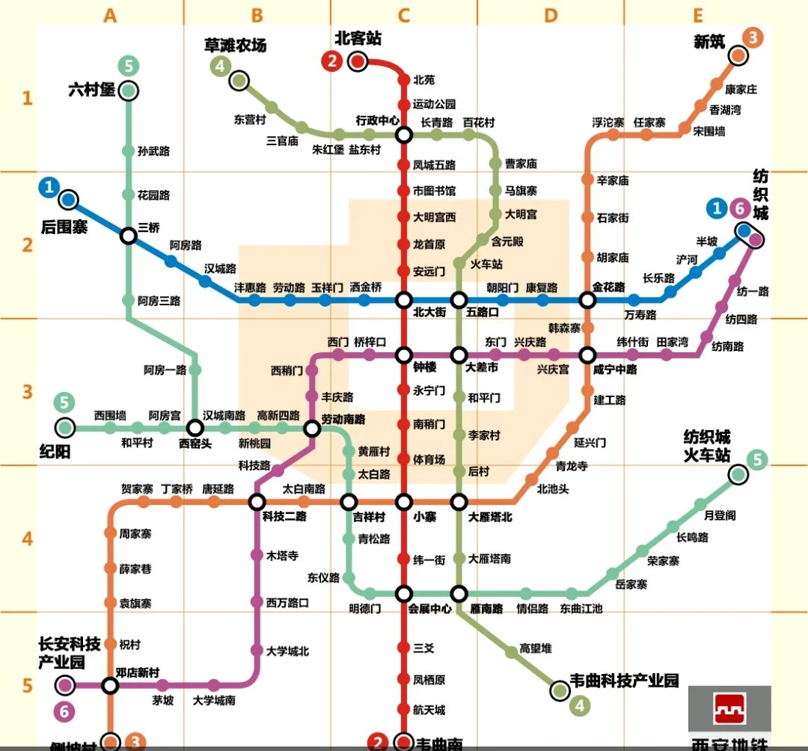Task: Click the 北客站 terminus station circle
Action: click(x=358, y=62)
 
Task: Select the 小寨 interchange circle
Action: click(x=404, y=502)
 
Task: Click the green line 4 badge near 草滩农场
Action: click(x=220, y=67)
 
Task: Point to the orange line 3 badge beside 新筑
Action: click(x=752, y=37)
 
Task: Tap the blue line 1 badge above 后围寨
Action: click(x=50, y=187)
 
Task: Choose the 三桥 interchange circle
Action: click(x=129, y=236)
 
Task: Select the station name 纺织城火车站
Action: click(x=706, y=446)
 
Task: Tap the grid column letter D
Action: click(x=551, y=15)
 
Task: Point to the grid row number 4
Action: click(x=28, y=539)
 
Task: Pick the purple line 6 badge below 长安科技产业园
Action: click(x=64, y=712)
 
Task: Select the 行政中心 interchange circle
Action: click(x=404, y=135)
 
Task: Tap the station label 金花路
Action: click(x=608, y=286)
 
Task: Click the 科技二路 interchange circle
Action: click(x=257, y=502)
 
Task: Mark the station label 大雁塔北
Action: click(x=490, y=516)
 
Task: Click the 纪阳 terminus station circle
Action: click(x=65, y=428)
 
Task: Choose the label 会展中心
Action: click(x=430, y=609)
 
